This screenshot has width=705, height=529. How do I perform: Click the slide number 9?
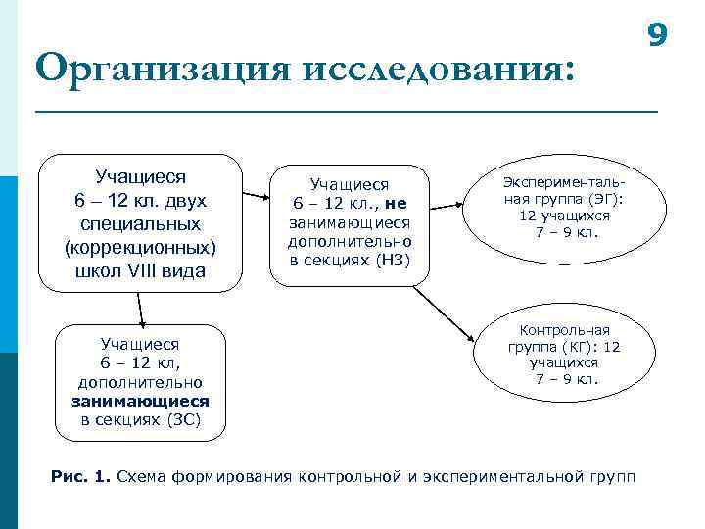click(x=658, y=35)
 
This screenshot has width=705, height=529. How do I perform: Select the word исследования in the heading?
click(x=435, y=71)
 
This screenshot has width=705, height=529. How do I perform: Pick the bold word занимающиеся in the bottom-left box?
click(x=140, y=401)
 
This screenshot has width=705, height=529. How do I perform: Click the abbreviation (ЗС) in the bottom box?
click(x=184, y=419)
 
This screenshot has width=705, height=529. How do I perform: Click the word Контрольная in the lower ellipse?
click(x=564, y=330)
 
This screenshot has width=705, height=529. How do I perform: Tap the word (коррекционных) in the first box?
click(x=141, y=247)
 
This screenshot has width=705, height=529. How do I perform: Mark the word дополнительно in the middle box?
click(x=350, y=240)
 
